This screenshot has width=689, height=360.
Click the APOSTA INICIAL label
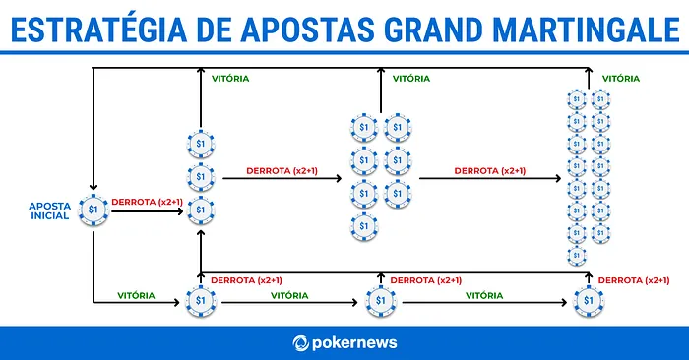point(50,210)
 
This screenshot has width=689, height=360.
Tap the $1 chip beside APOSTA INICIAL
point(94,210)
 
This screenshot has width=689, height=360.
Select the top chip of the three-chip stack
point(200,145)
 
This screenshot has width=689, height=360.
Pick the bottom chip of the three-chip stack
point(200,210)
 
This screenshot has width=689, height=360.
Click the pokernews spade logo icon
point(302,343)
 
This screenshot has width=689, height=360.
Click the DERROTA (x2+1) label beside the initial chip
point(147,202)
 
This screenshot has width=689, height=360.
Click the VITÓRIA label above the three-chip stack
point(230,77)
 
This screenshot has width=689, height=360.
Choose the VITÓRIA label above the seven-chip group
point(410,77)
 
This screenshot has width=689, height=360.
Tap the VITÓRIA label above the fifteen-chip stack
point(621,77)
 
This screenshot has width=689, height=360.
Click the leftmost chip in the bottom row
point(200,300)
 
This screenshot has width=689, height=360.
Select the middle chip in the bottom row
point(382,300)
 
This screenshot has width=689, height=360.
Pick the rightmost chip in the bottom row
point(589,300)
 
